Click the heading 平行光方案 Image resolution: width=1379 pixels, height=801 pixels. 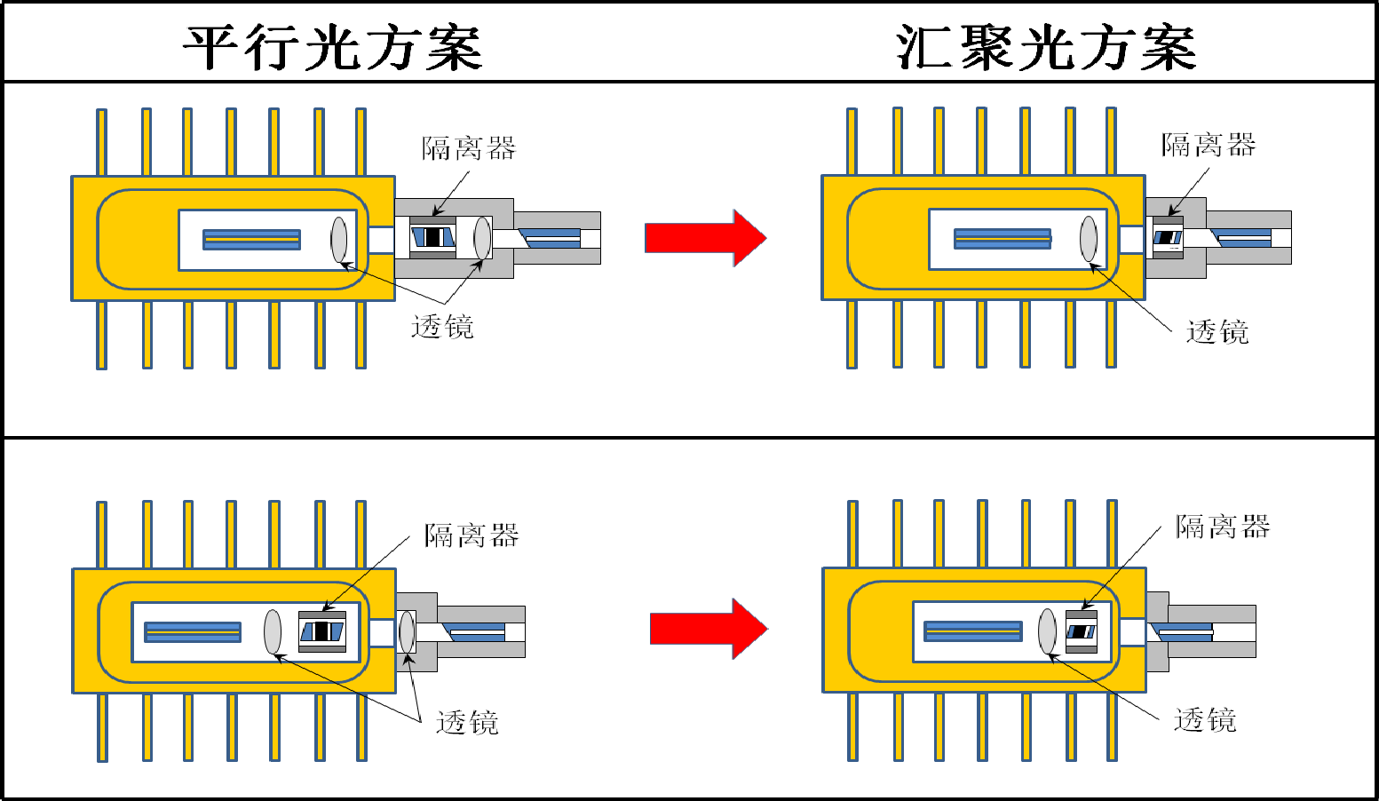(333, 47)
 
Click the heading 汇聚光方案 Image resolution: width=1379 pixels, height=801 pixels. (1046, 47)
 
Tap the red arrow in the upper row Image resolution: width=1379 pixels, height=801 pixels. (705, 238)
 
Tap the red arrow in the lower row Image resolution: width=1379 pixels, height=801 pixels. (708, 629)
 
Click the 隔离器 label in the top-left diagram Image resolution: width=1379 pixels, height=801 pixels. (469, 148)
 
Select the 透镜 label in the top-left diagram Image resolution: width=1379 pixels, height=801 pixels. (442, 327)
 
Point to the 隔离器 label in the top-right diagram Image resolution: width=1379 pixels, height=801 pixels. (1209, 145)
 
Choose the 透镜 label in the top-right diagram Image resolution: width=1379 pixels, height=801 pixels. (1217, 332)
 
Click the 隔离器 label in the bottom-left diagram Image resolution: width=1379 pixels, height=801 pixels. (472, 535)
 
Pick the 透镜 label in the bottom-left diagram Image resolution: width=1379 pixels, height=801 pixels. (467, 723)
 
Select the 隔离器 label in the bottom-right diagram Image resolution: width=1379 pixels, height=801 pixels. (1223, 527)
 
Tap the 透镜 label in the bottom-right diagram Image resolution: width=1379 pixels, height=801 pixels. (1205, 719)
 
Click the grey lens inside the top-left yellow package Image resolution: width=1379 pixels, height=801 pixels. (339, 239)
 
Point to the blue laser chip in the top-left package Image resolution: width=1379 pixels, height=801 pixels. (251, 239)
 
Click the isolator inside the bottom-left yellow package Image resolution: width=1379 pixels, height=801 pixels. (321, 631)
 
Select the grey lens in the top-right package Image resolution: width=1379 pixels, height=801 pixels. (1089, 239)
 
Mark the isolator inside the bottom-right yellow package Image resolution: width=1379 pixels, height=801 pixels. (1081, 631)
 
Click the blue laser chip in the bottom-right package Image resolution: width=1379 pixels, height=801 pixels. (972, 630)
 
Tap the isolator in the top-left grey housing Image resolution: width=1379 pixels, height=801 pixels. (432, 237)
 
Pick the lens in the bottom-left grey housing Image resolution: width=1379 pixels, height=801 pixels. (407, 631)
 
